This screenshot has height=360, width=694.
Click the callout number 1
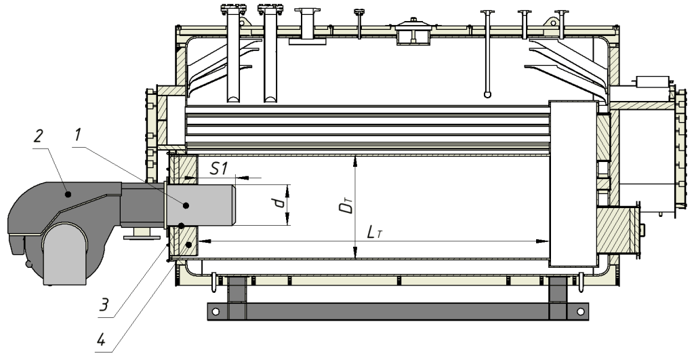click(78, 135)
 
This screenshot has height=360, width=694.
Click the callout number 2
click(39, 136)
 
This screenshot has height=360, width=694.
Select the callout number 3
click(104, 304)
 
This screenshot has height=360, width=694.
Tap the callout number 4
click(101, 340)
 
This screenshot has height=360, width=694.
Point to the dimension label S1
click(218, 168)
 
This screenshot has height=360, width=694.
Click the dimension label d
click(279, 203)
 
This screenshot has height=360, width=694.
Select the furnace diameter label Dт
click(348, 206)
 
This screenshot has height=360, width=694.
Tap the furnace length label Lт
click(374, 232)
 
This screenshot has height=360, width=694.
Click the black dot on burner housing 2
click(68, 194)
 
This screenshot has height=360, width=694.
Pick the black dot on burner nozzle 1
click(186, 205)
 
